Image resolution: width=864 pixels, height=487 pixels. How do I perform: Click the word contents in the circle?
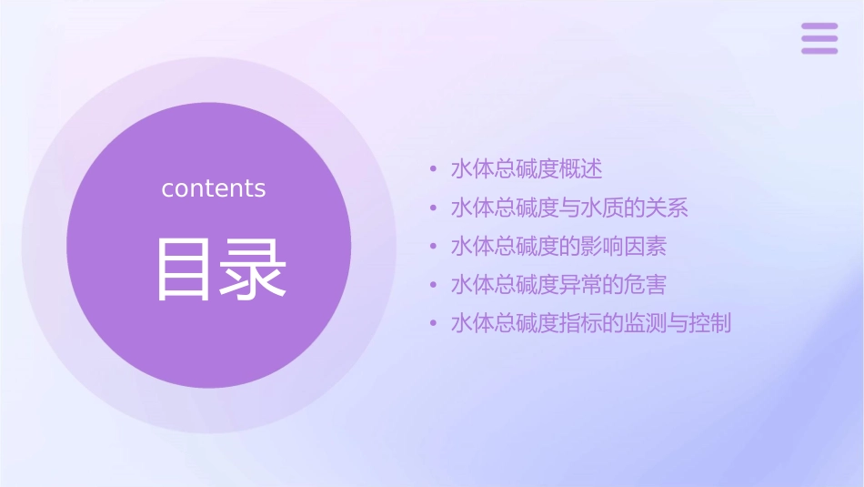(214, 188)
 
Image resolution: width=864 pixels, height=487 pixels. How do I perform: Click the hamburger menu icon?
(819, 39)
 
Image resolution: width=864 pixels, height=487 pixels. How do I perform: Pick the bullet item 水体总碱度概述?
(527, 169)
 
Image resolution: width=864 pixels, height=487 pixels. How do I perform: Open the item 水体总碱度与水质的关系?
(569, 208)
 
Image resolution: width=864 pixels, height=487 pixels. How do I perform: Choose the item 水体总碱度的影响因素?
(558, 247)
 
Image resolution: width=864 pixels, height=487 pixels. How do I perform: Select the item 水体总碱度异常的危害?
(558, 285)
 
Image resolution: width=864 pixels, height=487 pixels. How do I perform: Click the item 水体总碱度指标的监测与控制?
(591, 323)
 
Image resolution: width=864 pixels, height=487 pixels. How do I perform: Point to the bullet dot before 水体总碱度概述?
(434, 169)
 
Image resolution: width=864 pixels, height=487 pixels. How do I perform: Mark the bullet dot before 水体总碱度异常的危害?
(434, 285)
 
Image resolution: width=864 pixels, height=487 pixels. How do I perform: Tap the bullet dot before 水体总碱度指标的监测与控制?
(434, 323)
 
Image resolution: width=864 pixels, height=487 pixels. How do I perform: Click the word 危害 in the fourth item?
(646, 285)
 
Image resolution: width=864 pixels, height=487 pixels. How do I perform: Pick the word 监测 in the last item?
(646, 323)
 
